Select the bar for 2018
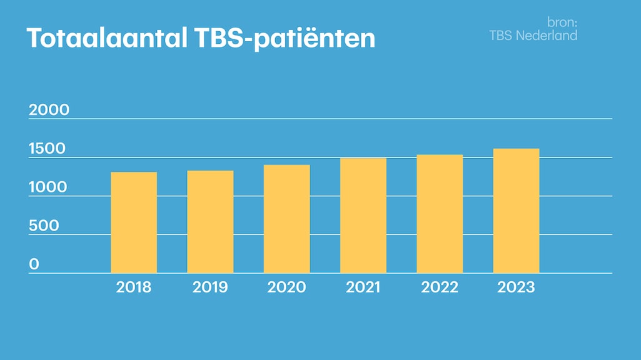134,222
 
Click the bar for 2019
210,222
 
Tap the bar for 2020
286,219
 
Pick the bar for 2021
363,216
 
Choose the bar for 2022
440,214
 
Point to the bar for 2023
516,211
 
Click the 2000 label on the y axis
49,110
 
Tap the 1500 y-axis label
47,149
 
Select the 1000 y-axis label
48,187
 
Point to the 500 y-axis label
44,226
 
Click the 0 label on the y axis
34,264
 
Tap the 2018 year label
134,287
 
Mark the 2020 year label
286,287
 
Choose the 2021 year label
363,287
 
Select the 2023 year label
516,287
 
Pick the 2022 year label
440,287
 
